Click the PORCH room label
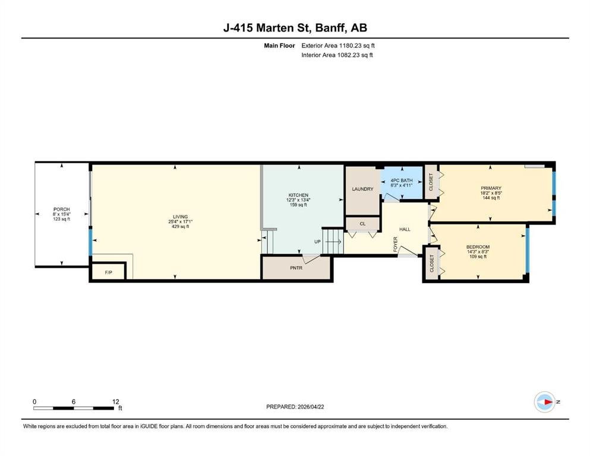(x=62, y=210)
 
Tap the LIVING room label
(x=180, y=217)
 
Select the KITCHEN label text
(x=298, y=195)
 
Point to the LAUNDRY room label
(x=362, y=189)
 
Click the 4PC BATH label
(x=402, y=180)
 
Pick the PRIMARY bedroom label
(x=491, y=188)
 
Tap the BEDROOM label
(x=478, y=247)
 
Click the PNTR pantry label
(x=296, y=268)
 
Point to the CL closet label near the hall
(x=362, y=224)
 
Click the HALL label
(x=405, y=229)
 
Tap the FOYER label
(x=396, y=245)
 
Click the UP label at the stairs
(x=317, y=242)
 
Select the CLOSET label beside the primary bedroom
(x=431, y=182)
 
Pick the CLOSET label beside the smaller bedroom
(x=432, y=264)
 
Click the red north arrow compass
(x=545, y=402)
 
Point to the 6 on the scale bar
(x=73, y=402)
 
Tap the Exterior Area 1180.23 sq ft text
(x=338, y=46)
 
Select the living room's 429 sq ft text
(x=180, y=227)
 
